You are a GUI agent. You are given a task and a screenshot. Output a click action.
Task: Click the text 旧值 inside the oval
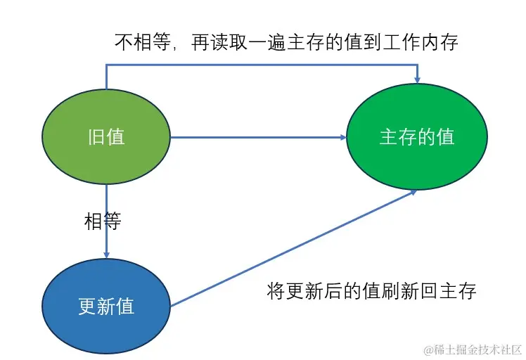106,136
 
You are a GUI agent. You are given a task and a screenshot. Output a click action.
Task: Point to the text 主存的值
417,137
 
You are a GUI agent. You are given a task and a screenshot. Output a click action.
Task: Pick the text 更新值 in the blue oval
106,307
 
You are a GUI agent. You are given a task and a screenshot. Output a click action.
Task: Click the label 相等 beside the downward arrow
103,222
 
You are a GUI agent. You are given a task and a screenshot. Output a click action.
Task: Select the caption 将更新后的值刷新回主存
372,290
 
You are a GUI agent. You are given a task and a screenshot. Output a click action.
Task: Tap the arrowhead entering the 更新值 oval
106,255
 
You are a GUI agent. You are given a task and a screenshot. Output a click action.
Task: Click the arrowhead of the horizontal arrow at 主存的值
342,137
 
